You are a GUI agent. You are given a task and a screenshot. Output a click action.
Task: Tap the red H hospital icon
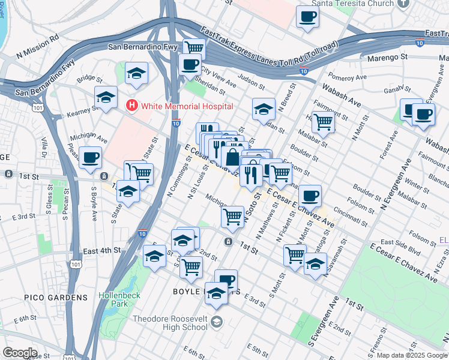[131, 106]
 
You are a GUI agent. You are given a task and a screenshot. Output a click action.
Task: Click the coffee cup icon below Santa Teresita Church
[308, 17]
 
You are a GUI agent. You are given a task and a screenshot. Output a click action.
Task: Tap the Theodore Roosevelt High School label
[170, 323]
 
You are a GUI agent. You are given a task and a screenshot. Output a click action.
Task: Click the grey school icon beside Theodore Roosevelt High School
[216, 322]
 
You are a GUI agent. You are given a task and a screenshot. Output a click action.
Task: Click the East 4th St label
[102, 250]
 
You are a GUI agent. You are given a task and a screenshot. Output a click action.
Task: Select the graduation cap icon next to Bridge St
[136, 73]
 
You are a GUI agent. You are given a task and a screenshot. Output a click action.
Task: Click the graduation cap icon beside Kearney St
[106, 98]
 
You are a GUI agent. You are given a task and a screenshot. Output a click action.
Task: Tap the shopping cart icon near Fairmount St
[324, 122]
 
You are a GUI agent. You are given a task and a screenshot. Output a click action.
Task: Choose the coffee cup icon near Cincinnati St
[310, 196]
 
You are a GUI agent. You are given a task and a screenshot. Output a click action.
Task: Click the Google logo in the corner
[20, 353]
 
